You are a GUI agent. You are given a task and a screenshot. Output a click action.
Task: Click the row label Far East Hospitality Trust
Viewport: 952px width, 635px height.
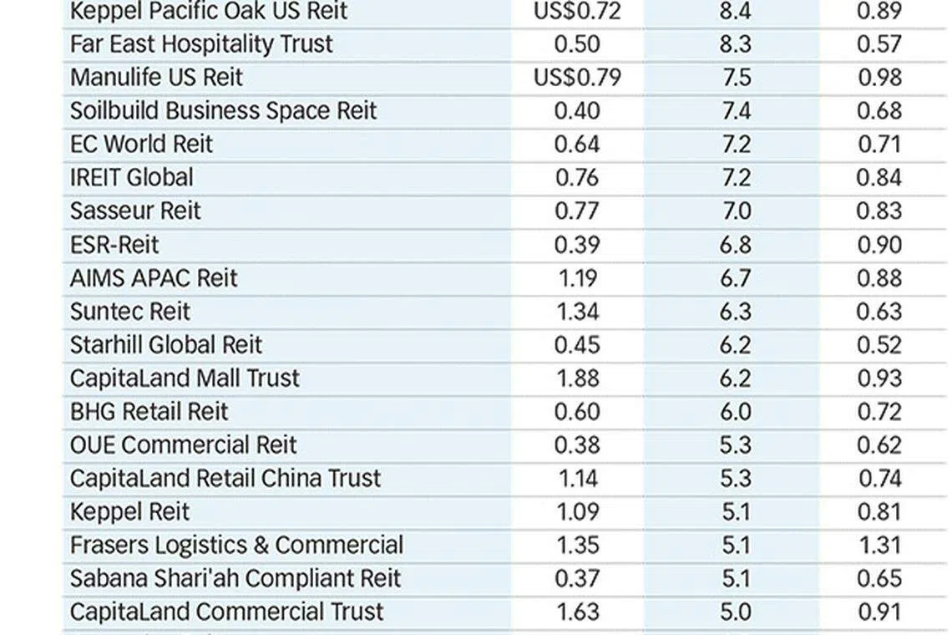click(x=201, y=44)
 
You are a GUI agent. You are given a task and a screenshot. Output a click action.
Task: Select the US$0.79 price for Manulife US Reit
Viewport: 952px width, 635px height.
click(x=577, y=78)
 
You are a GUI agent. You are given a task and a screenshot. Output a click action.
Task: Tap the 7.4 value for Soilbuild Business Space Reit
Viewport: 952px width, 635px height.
click(x=736, y=111)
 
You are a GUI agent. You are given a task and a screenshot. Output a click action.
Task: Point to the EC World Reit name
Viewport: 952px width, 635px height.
click(x=141, y=145)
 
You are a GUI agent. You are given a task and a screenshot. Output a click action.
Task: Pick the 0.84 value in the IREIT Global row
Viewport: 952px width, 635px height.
click(x=879, y=178)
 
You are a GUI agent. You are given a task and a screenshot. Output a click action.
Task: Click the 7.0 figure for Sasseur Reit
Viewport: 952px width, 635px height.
click(x=737, y=211)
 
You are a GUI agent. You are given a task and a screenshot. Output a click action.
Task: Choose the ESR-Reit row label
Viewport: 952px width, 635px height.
click(x=114, y=245)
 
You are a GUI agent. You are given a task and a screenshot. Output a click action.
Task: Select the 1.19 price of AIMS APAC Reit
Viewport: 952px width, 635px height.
click(x=577, y=278)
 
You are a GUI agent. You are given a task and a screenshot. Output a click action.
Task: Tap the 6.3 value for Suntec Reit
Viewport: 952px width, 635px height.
click(x=736, y=312)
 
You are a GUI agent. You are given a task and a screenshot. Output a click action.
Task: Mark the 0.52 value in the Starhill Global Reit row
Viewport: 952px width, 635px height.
click(x=879, y=345)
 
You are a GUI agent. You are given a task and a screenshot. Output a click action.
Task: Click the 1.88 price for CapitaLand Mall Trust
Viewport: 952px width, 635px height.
click(x=577, y=378)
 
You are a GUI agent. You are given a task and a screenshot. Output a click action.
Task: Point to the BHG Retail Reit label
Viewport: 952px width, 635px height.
click(x=149, y=412)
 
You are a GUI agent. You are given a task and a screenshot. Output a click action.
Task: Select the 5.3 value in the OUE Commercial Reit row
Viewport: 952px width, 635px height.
click(x=736, y=445)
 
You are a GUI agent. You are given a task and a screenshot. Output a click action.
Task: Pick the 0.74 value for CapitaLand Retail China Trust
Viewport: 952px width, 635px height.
click(x=879, y=479)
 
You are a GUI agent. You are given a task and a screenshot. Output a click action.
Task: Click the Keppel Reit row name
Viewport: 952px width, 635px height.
click(x=130, y=512)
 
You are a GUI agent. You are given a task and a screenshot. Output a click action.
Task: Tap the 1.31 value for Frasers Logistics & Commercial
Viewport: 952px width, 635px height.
click(x=879, y=545)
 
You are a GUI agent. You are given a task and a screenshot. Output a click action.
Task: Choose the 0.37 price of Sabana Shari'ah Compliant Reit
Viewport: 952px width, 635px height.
click(x=577, y=578)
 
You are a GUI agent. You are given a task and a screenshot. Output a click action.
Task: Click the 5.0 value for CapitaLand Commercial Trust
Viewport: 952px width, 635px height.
click(x=736, y=612)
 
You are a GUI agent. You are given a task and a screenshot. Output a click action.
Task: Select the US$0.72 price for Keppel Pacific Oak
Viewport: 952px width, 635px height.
click(x=577, y=11)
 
